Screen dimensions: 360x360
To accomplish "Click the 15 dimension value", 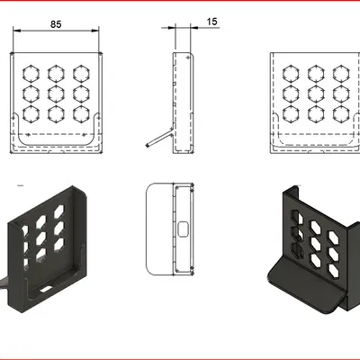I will (211, 20).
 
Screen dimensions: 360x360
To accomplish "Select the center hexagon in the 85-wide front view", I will (56, 93).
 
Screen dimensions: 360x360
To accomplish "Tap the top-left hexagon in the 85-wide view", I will (30, 72).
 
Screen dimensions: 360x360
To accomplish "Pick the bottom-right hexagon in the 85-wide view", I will (82, 113).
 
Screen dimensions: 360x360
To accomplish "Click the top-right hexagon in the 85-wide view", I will (82, 72).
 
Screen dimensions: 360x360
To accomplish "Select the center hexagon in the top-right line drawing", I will (316, 93).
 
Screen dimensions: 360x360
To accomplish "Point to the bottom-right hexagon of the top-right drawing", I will (342, 113).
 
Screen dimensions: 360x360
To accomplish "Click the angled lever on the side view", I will (157, 138).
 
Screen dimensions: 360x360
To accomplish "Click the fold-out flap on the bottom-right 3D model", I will (306, 288).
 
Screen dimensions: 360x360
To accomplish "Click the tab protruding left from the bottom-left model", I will (4, 285).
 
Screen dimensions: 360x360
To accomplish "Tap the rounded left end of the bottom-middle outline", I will (148, 229).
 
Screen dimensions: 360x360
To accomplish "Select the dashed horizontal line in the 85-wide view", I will (56, 135).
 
